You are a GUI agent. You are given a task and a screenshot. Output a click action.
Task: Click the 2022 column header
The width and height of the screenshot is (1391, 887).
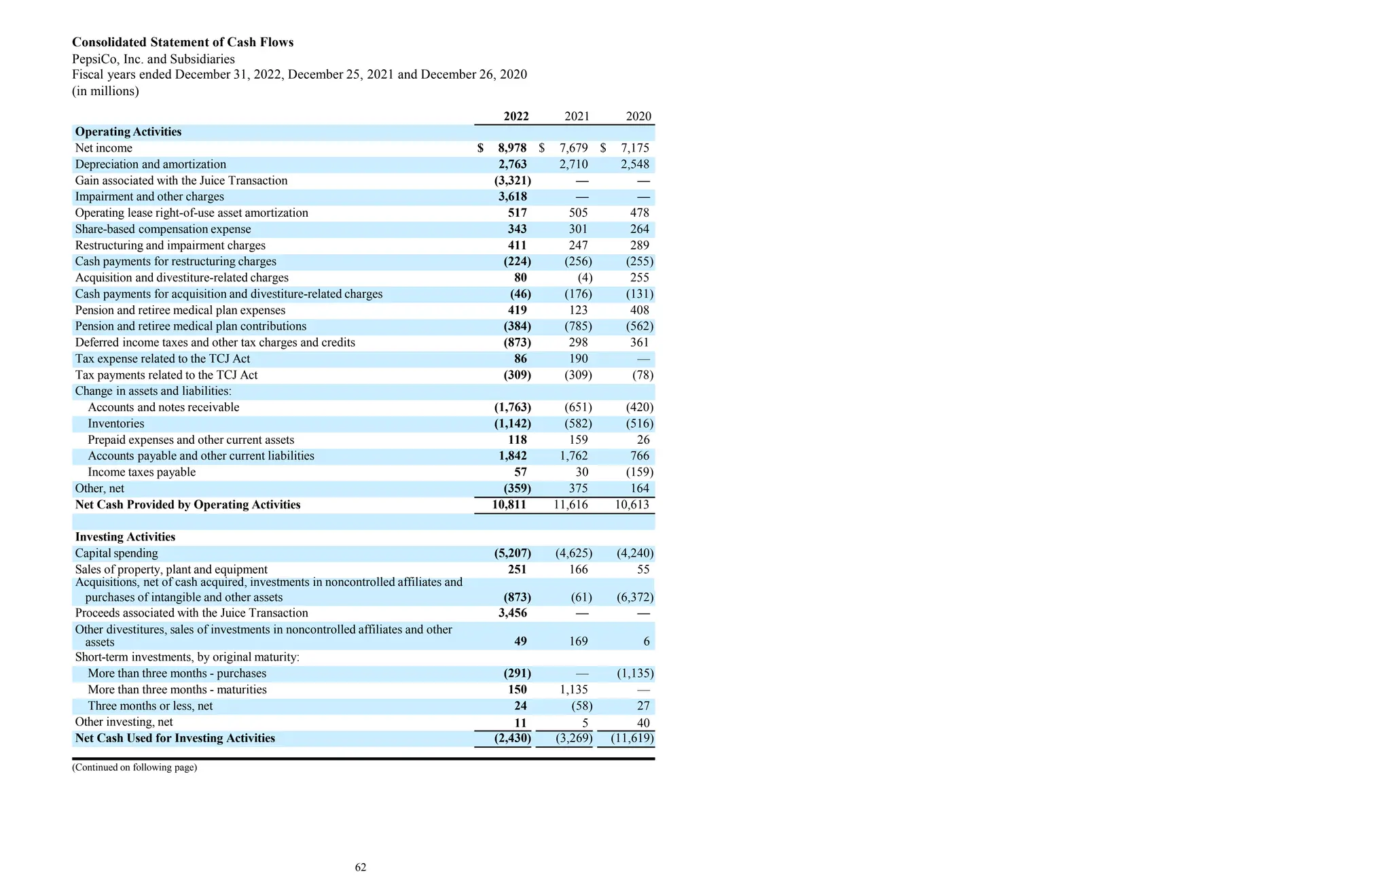pyautogui.click(x=516, y=116)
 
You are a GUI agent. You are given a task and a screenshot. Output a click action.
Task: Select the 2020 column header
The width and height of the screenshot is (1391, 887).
pyautogui.click(x=638, y=116)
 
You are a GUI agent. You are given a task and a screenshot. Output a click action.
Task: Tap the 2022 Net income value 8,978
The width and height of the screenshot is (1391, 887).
pyautogui.click(x=512, y=148)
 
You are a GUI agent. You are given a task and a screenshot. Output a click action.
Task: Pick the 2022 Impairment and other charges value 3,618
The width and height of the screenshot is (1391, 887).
pyautogui.click(x=512, y=197)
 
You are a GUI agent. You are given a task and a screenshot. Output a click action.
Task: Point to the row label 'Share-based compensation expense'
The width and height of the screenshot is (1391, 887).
pyautogui.click(x=163, y=230)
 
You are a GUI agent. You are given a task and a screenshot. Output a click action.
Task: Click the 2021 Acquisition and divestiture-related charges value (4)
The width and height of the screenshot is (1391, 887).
pyautogui.click(x=585, y=278)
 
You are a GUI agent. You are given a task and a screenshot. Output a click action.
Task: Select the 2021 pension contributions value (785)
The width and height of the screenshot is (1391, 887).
pyautogui.click(x=578, y=327)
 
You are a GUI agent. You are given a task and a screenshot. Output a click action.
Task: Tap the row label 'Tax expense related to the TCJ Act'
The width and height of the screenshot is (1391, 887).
pyautogui.click(x=162, y=359)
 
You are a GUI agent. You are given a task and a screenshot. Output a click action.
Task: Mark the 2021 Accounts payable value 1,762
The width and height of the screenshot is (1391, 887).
pyautogui.click(x=574, y=456)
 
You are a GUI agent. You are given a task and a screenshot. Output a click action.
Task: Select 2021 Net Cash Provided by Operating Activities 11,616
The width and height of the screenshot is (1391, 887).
pyautogui.click(x=571, y=505)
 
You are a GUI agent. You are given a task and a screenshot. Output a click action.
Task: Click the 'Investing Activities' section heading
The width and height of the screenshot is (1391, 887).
pyautogui.click(x=125, y=537)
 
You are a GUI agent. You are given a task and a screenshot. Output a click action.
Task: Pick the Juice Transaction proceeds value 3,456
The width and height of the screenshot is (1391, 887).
pyautogui.click(x=512, y=613)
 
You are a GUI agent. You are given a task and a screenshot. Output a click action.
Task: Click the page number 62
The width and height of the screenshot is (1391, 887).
pyautogui.click(x=361, y=867)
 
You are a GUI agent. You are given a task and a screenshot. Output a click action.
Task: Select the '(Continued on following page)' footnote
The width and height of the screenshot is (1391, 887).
pyautogui.click(x=134, y=768)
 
